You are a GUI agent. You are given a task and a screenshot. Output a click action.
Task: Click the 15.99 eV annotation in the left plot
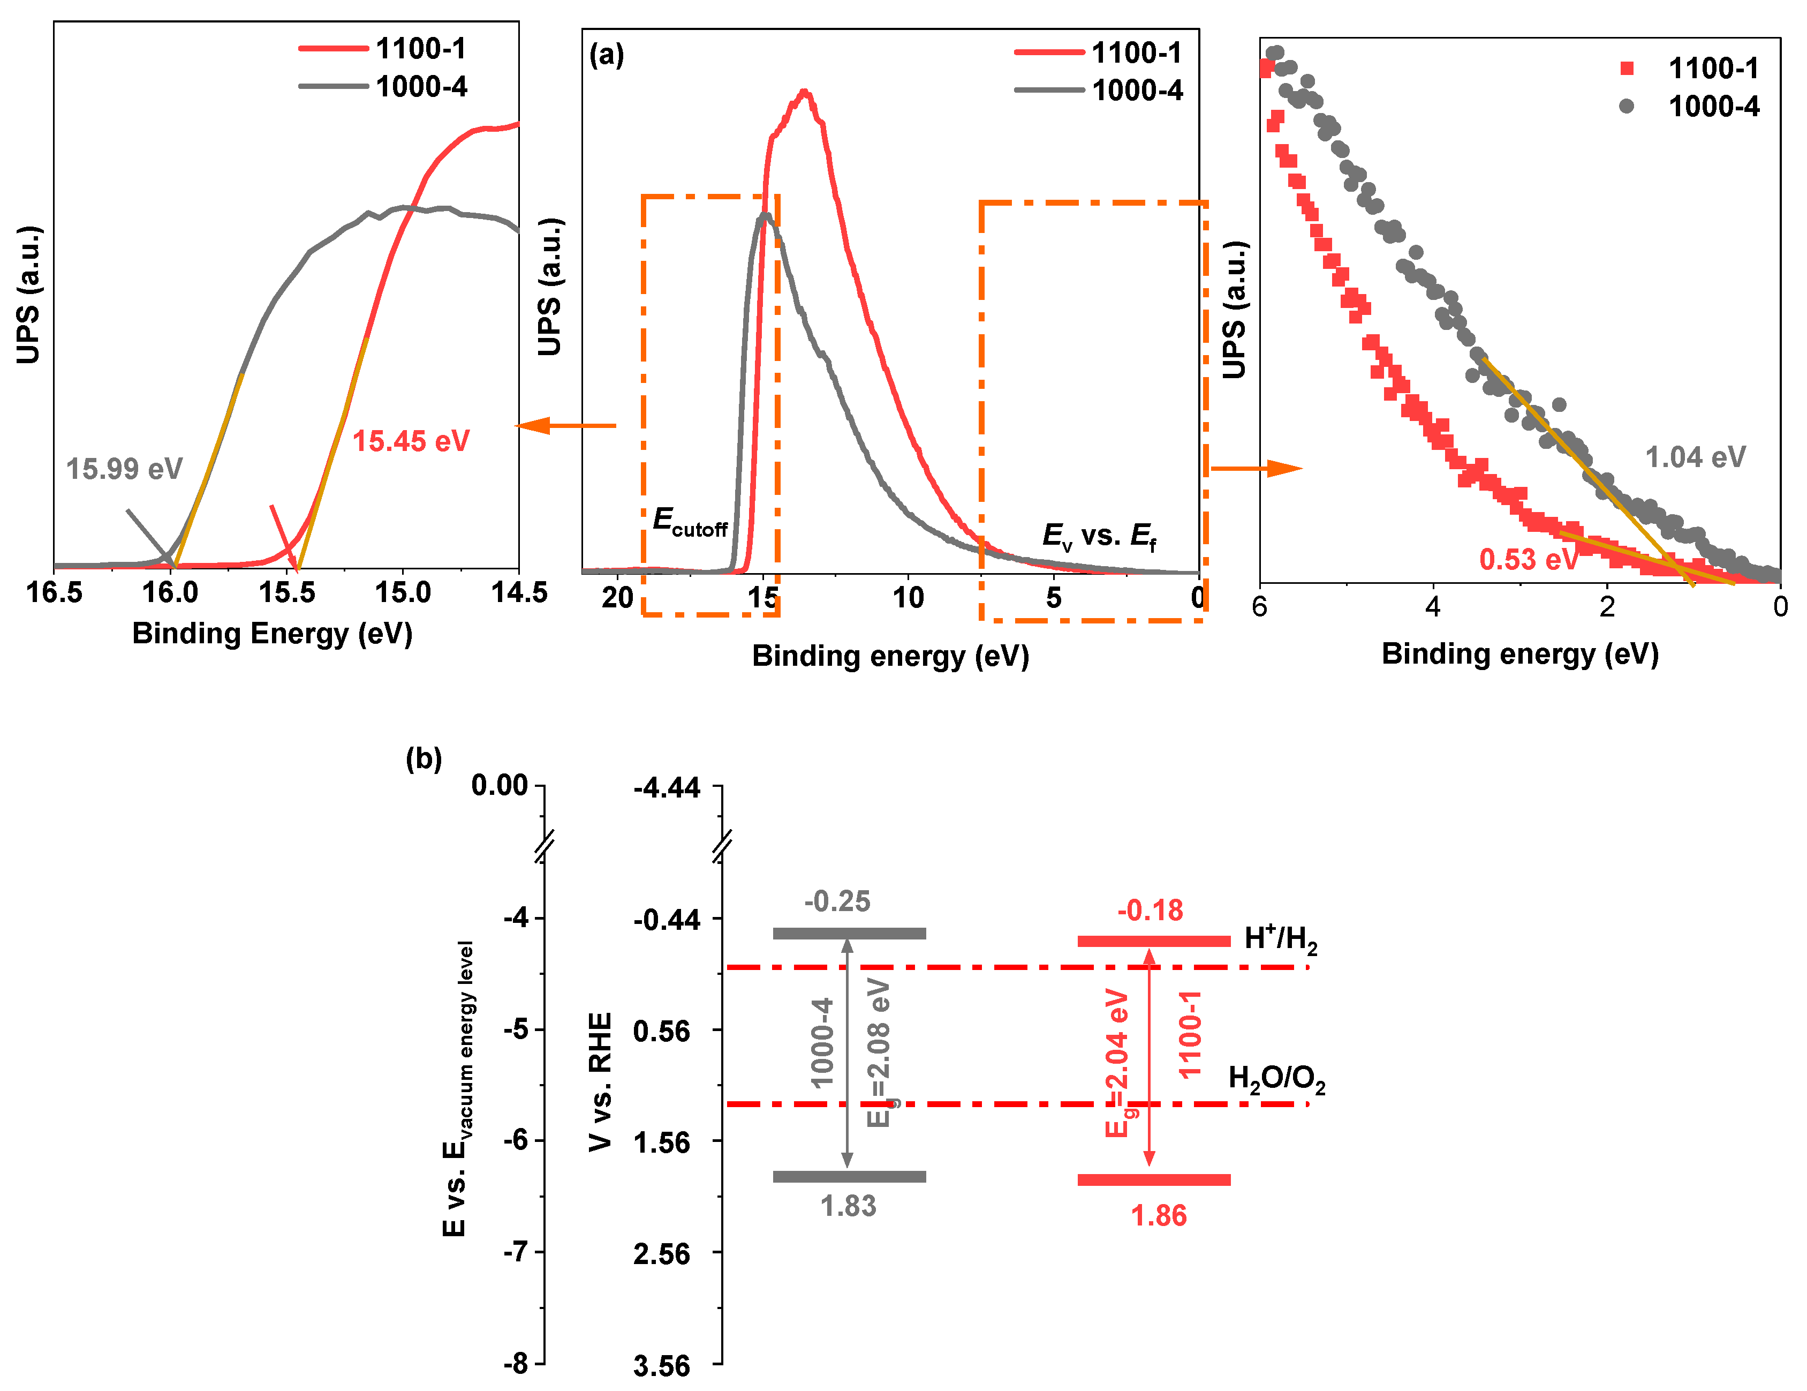124,469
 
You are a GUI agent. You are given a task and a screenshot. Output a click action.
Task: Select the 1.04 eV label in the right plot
1695,457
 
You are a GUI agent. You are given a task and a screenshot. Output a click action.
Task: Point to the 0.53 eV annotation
1528,559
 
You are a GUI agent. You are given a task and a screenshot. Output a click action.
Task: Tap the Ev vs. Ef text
1099,536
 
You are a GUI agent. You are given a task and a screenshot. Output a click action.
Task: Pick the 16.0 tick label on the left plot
170,592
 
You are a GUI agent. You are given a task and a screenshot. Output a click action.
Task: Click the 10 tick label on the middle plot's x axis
908,597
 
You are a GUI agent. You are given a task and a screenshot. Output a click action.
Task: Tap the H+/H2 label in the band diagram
1280,938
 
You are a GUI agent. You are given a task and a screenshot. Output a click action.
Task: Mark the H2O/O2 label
1276,1079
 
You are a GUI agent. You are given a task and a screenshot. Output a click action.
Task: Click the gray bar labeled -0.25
849,934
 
